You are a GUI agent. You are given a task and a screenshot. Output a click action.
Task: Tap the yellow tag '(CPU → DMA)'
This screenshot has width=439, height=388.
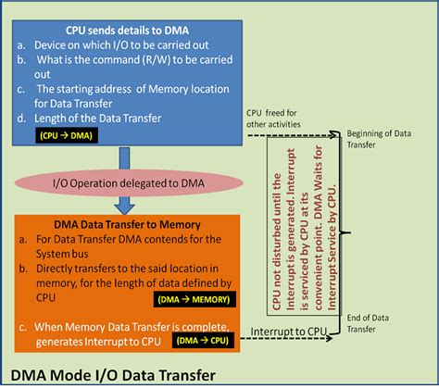66,135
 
